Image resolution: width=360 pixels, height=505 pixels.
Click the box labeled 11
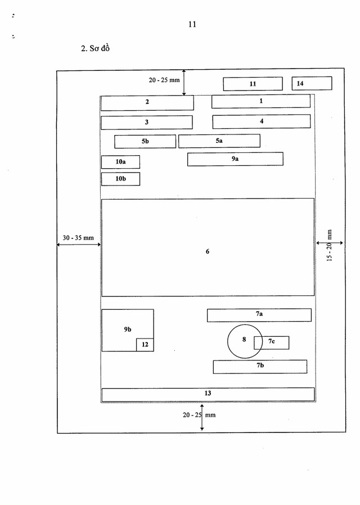coord(253,84)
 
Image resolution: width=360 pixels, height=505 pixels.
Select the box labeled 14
coord(312,83)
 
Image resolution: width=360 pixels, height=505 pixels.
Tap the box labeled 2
coord(147,102)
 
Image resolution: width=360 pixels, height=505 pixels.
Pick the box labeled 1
coord(261,101)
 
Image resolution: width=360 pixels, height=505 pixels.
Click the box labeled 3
coord(146,122)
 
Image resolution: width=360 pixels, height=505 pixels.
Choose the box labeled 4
coord(261,121)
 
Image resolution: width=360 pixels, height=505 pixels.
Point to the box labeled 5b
coord(145,141)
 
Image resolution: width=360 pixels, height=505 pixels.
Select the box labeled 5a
coord(219,141)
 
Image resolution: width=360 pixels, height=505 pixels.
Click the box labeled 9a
coord(235,159)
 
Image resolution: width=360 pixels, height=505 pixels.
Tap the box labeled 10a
coord(120,162)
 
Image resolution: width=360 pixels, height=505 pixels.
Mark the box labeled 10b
coord(120,179)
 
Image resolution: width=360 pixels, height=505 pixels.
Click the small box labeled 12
coord(145,345)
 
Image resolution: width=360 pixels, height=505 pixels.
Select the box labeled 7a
coord(259,315)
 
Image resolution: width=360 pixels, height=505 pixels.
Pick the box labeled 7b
coord(260,366)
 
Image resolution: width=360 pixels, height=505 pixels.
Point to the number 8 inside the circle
coord(244,339)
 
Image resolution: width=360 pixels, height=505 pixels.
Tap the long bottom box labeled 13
coord(208,394)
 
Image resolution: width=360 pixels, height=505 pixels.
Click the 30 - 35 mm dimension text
coord(78,238)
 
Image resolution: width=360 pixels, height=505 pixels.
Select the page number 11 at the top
coord(192,25)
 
